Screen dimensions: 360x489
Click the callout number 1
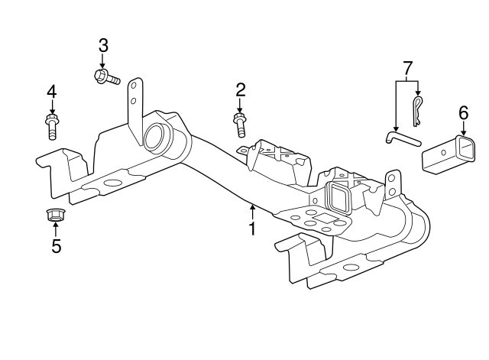coord(251,228)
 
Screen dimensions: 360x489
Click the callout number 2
coord(240,90)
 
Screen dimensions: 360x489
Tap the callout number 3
coord(103,45)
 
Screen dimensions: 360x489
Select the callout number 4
coord(52,92)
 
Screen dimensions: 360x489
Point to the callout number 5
coord(55,246)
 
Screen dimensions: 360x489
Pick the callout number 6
coord(463,112)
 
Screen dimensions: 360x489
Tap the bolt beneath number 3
coord(106,76)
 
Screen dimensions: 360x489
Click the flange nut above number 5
coord(55,216)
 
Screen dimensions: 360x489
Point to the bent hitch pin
coord(402,138)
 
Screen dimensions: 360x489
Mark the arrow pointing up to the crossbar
coord(251,209)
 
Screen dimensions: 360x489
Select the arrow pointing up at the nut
coord(55,231)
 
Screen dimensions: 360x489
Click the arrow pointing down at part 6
coord(463,128)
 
